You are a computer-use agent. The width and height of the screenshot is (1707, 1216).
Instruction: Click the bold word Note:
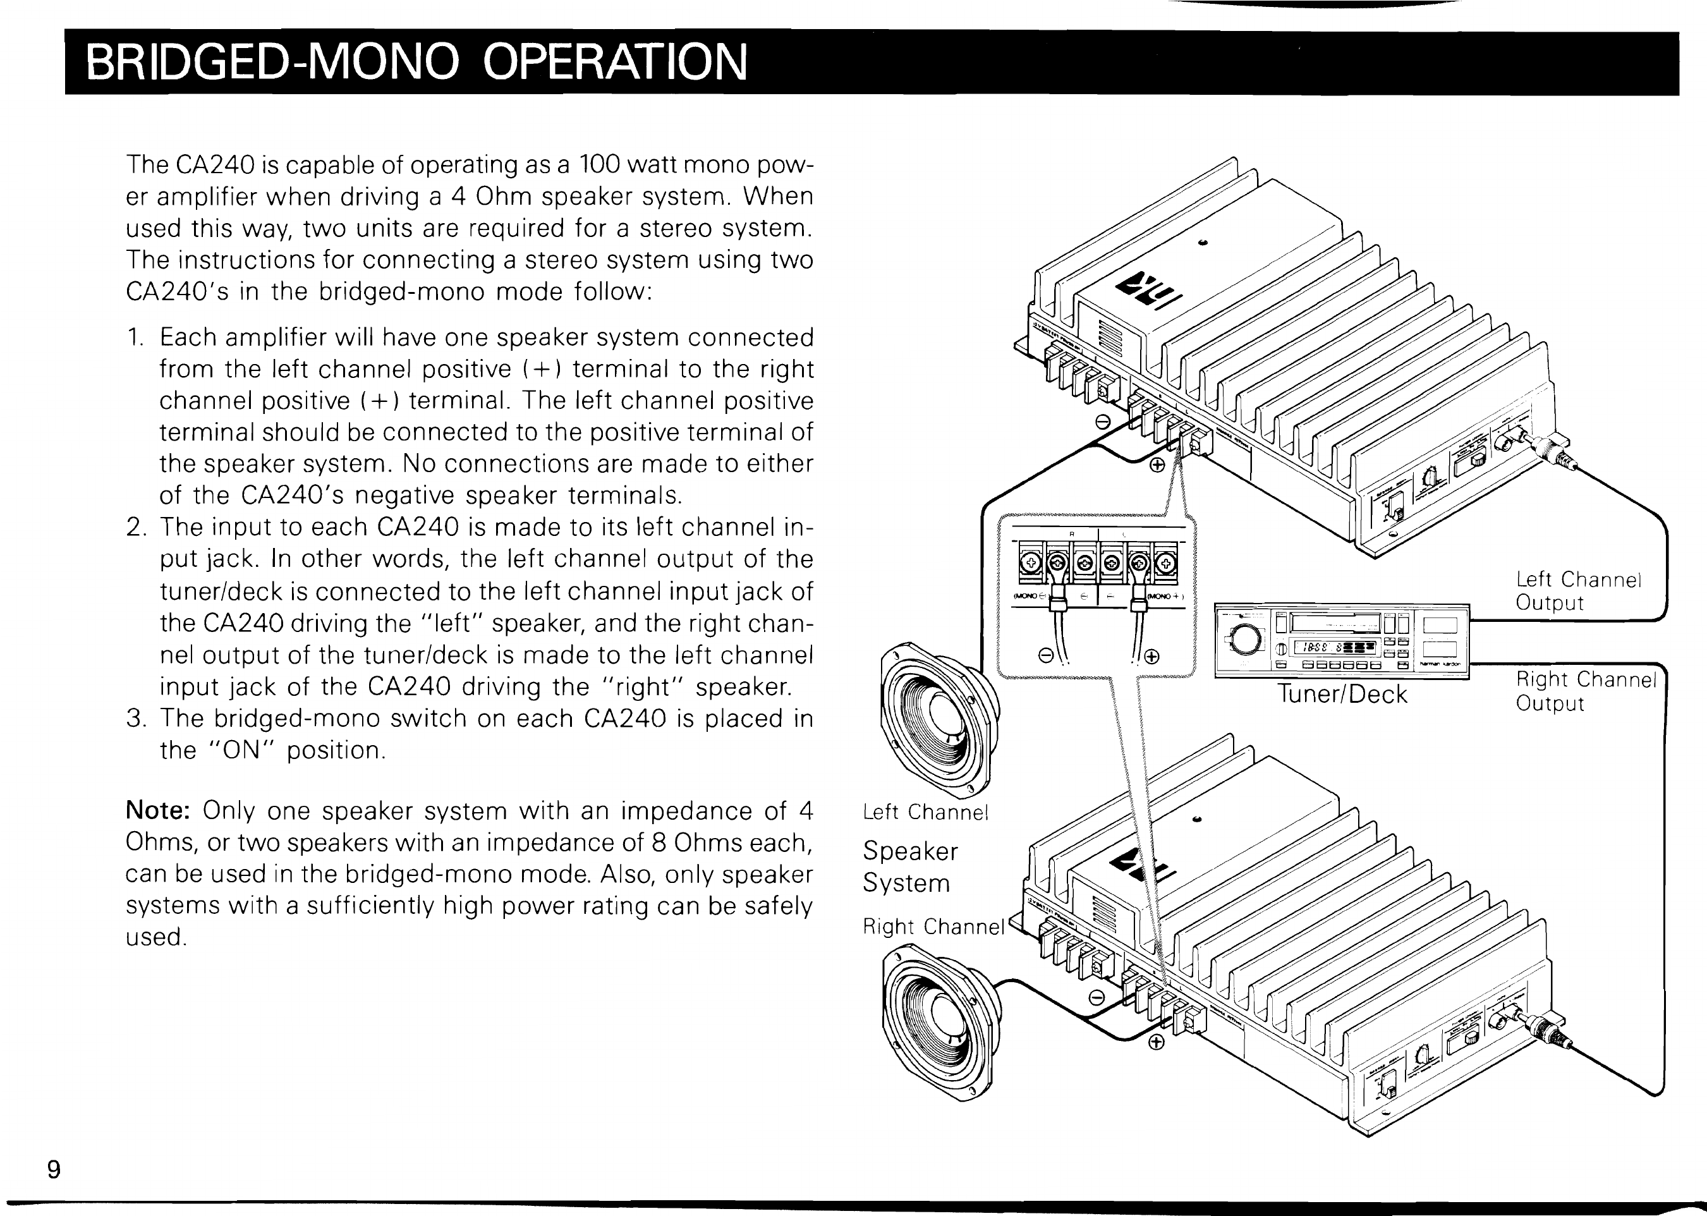[x=161, y=811]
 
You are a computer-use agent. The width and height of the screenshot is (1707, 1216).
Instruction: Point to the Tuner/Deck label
[x=1342, y=694]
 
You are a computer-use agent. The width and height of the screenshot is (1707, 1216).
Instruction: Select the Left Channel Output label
[x=1578, y=591]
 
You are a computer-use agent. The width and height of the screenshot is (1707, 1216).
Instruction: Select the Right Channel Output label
[x=1586, y=691]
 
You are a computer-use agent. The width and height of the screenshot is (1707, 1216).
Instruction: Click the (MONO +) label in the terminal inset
[x=1163, y=596]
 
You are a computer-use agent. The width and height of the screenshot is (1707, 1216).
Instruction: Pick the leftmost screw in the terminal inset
[x=1030, y=563]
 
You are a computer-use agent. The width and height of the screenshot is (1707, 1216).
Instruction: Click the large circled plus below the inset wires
[x=1151, y=657]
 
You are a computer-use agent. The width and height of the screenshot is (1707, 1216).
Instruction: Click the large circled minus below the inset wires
[x=1046, y=657]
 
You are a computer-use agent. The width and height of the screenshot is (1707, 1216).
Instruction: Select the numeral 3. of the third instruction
[x=135, y=719]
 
